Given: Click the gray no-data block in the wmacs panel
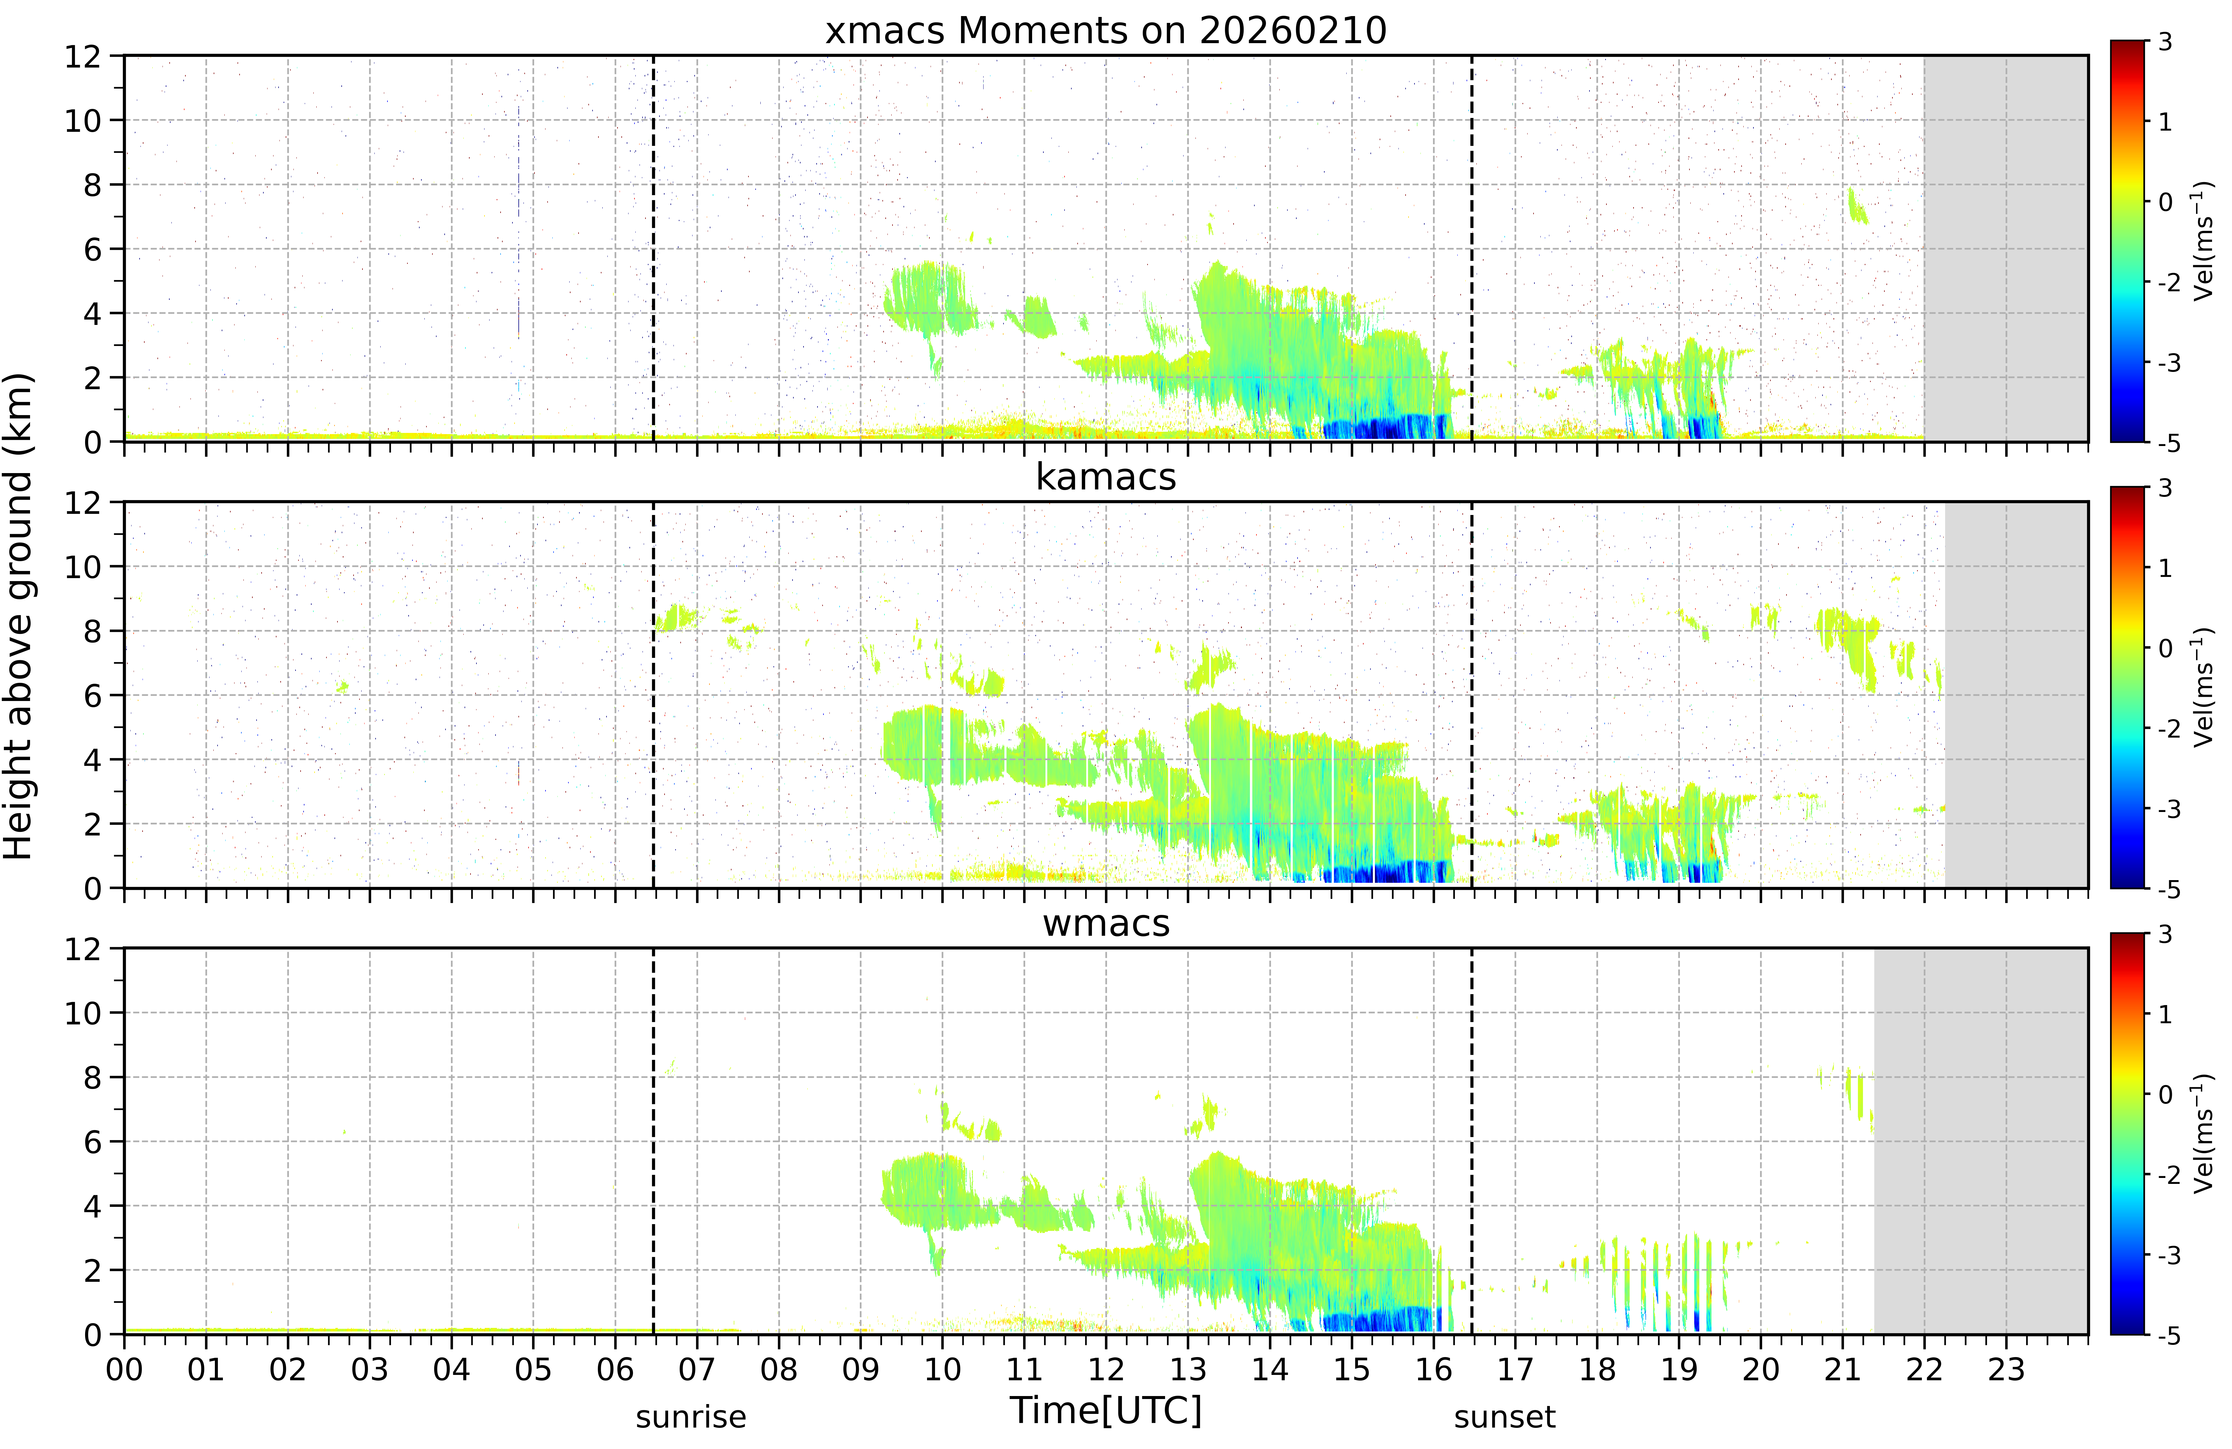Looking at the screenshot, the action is [1981, 1140].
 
